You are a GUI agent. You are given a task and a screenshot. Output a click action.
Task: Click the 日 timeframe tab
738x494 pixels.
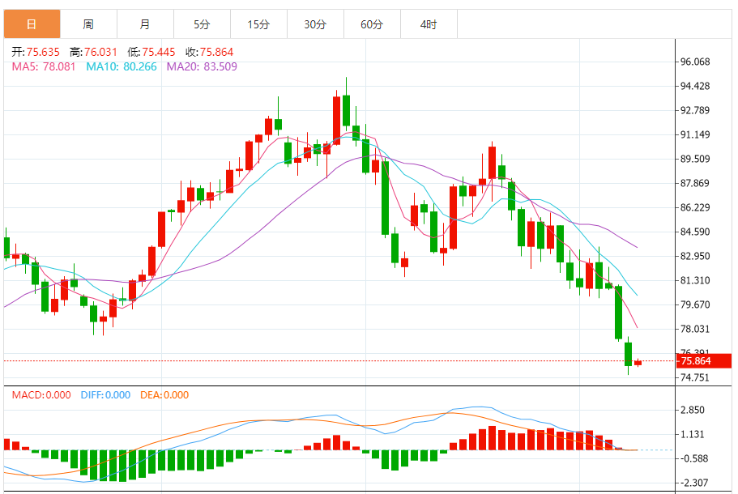pyautogui.click(x=32, y=24)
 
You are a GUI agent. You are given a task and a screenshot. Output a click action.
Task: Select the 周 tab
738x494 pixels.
pyautogui.click(x=88, y=24)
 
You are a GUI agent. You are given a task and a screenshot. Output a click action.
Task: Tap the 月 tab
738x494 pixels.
pyautogui.click(x=145, y=24)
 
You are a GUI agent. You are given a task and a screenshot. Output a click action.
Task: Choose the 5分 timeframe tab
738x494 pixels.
pyautogui.click(x=202, y=24)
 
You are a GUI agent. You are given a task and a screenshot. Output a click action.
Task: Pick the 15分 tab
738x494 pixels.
pyautogui.click(x=258, y=24)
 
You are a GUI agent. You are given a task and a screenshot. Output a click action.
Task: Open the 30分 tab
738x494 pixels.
pyautogui.click(x=315, y=24)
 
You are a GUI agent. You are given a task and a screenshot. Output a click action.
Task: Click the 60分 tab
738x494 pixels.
pyautogui.click(x=372, y=24)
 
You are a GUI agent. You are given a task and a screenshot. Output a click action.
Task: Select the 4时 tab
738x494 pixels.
pyautogui.click(x=429, y=24)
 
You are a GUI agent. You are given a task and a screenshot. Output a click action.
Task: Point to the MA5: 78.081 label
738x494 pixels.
pyautogui.click(x=44, y=66)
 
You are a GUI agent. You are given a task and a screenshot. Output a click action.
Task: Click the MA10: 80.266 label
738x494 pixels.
pyautogui.click(x=122, y=66)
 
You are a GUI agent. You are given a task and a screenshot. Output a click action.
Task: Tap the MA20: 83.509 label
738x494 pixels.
pyautogui.click(x=202, y=66)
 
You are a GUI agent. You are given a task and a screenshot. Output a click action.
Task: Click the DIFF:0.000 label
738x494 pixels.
pyautogui.click(x=105, y=395)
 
